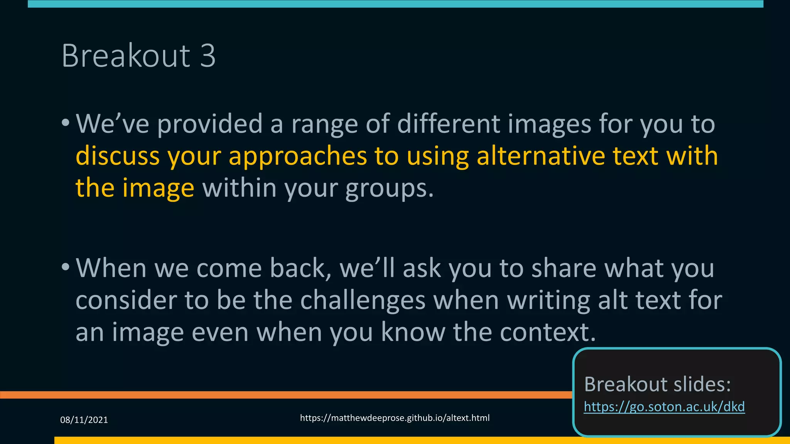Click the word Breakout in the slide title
pos(126,56)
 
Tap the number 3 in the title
pos(208,56)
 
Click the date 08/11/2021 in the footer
pos(84,420)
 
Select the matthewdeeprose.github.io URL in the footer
pos(395,418)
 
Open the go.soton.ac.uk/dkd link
pos(664,407)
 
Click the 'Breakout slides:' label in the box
pos(657,384)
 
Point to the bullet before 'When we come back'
pos(66,267)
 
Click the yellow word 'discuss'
pos(118,156)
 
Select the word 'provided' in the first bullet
pos(210,124)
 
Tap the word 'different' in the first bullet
pos(448,124)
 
